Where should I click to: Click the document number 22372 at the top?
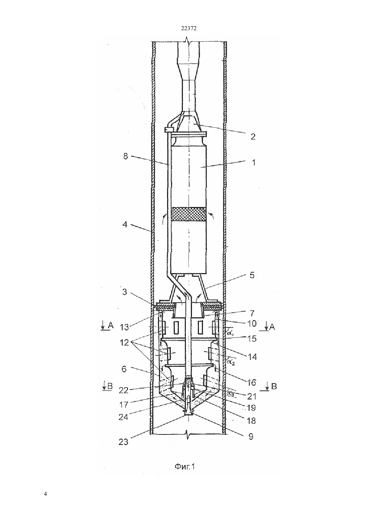click(x=189, y=29)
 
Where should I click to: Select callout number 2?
click(x=253, y=137)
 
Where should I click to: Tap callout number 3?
click(x=125, y=292)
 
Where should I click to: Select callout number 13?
click(x=124, y=327)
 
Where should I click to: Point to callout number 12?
click(x=124, y=343)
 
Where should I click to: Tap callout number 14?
click(x=252, y=357)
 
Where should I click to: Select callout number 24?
click(x=123, y=417)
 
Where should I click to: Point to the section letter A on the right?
click(x=272, y=327)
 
